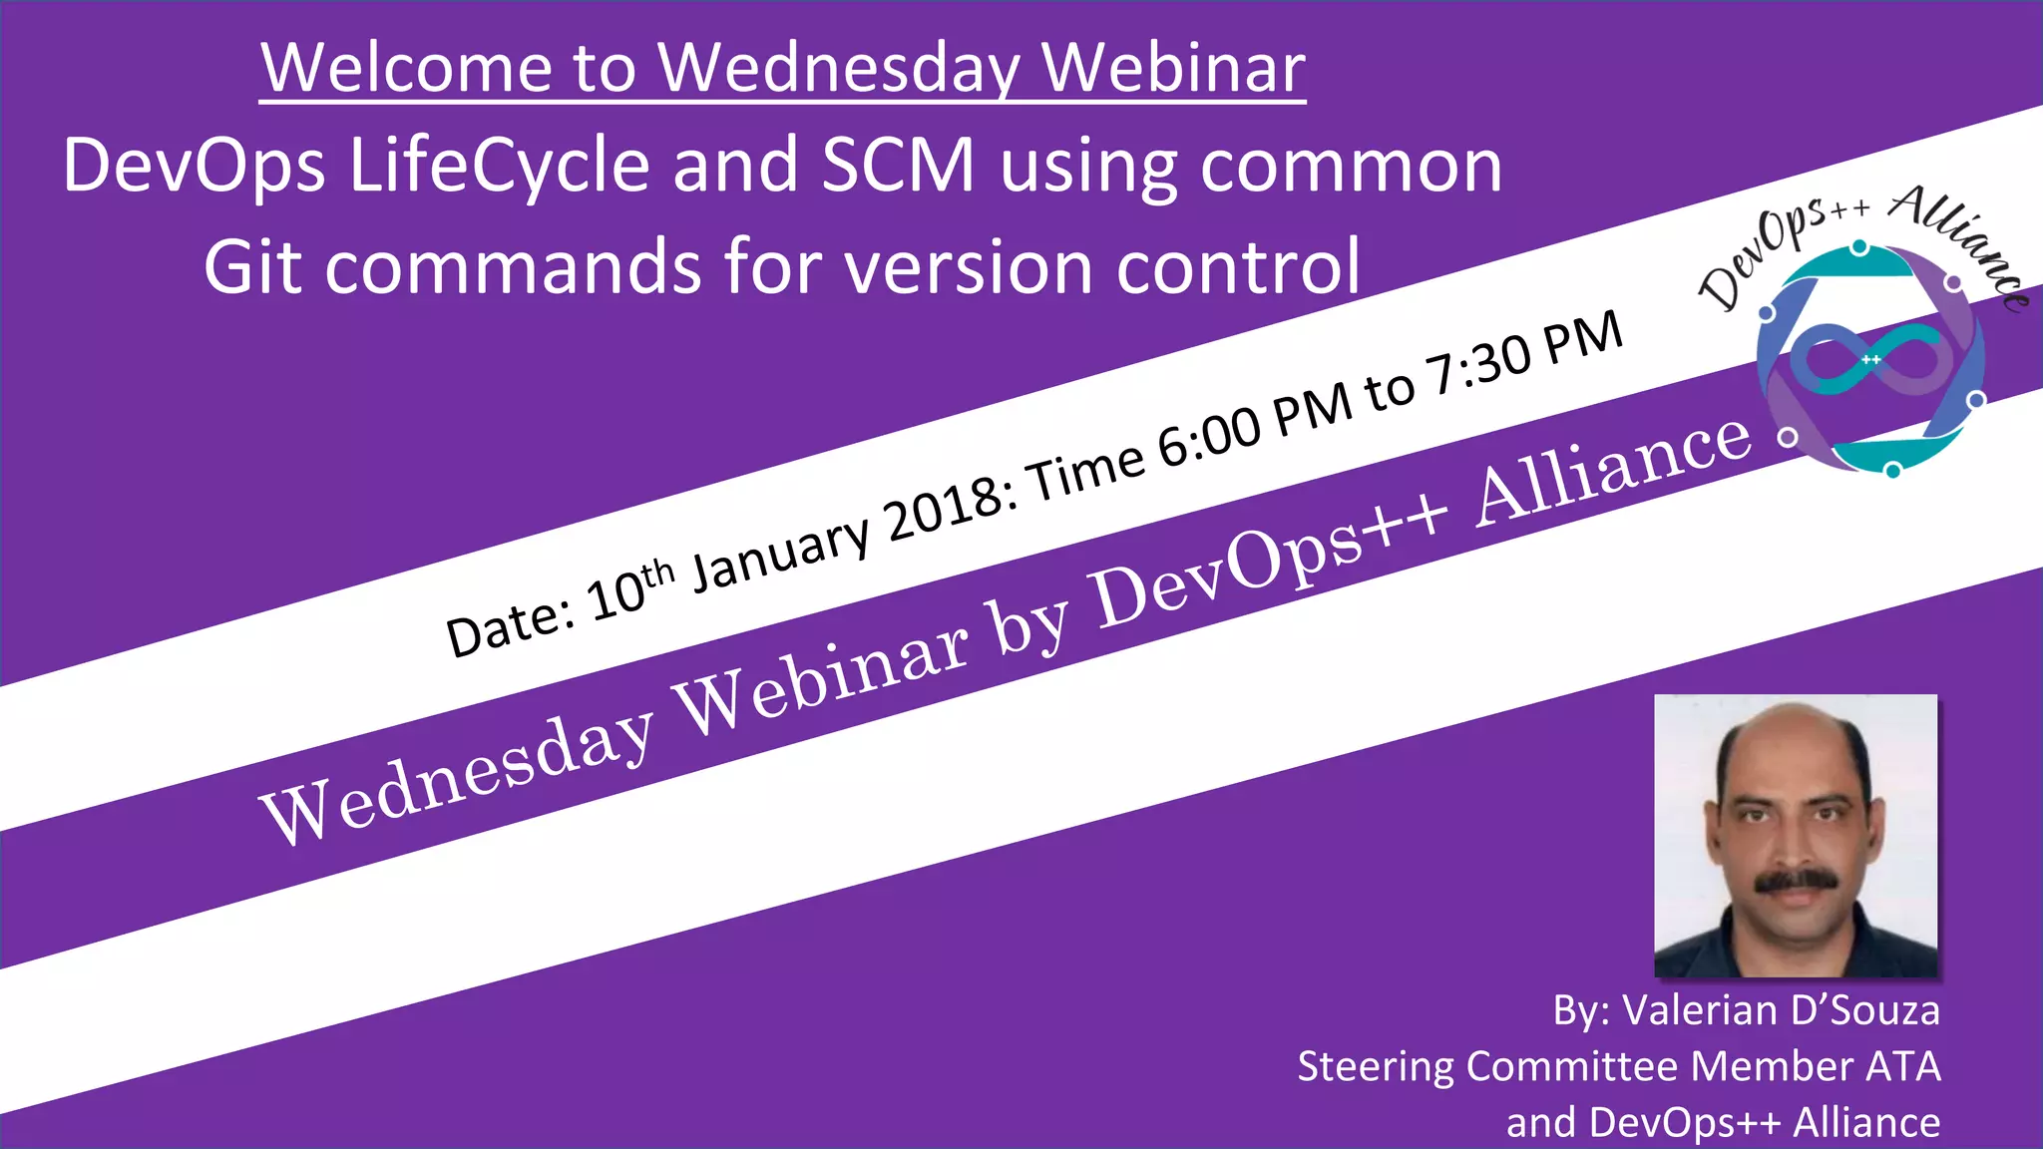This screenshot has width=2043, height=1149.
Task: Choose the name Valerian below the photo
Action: [1701, 1010]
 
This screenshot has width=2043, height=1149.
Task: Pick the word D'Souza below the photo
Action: [1865, 1010]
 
